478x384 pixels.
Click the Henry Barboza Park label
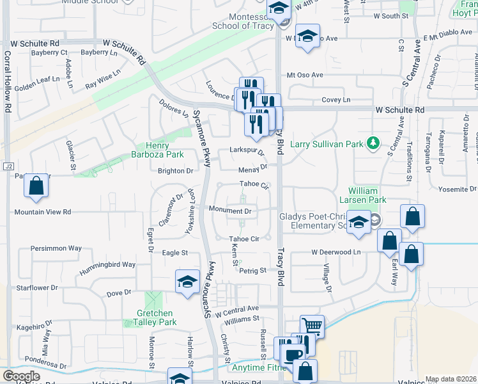tap(165, 150)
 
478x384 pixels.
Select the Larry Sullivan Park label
tap(330, 144)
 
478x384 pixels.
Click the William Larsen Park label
tap(367, 195)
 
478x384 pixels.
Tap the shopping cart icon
tap(312, 326)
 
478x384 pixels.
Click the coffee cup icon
tap(293, 355)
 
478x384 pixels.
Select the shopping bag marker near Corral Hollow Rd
tap(36, 186)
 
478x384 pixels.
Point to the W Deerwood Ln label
tap(336, 252)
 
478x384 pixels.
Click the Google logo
tap(21, 376)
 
